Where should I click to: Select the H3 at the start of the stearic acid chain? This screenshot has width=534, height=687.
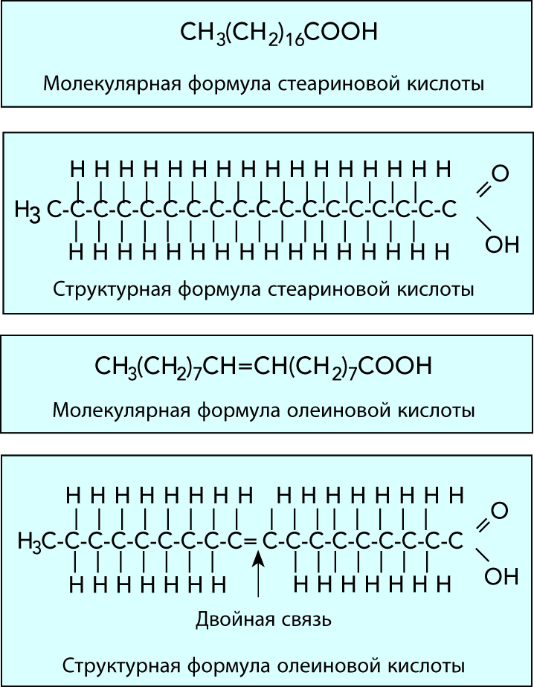[29, 211]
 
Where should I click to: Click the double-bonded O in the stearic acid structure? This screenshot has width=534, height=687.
[500, 175]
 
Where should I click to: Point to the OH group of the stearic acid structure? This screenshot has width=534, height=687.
[501, 243]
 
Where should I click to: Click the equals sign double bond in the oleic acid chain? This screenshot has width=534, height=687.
[250, 540]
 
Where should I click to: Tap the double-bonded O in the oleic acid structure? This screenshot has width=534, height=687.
[500, 510]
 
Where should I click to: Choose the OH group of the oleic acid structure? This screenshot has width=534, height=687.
[501, 575]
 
